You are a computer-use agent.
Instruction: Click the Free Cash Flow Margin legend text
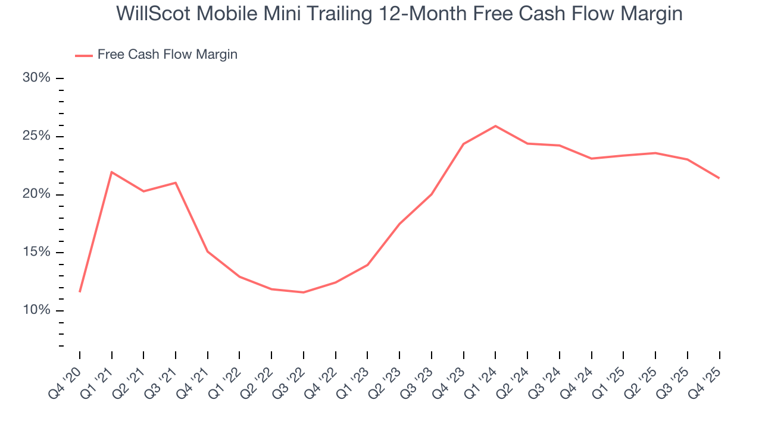pos(167,55)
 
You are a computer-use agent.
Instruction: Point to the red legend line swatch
pos(83,55)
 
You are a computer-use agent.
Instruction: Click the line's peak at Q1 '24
pos(495,126)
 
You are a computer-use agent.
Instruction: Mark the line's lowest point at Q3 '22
pos(304,292)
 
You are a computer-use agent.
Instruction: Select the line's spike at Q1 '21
pos(112,172)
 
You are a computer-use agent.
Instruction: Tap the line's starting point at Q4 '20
pos(80,292)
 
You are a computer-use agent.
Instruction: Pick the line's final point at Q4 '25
pos(719,178)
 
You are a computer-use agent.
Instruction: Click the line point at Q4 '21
pos(208,251)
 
